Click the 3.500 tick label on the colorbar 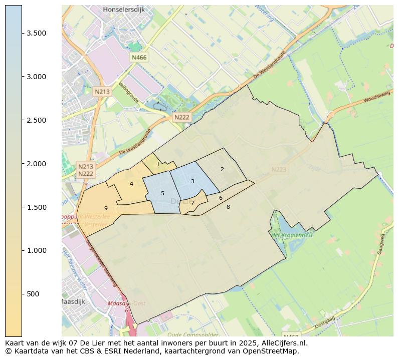coord(37,33)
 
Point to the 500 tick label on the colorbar coord(34,294)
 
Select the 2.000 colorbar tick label coord(37,164)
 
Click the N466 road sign coord(139,58)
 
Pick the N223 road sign coord(279,170)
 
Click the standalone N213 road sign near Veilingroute coord(102,92)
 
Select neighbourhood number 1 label coord(158,164)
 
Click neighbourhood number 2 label coord(222,169)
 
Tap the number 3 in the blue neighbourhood coord(192,181)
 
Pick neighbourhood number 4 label coord(131,184)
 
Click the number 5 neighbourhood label coord(162,193)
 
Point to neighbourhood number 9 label coord(106,208)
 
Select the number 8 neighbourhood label coord(228,207)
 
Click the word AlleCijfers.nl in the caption coord(284,343)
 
